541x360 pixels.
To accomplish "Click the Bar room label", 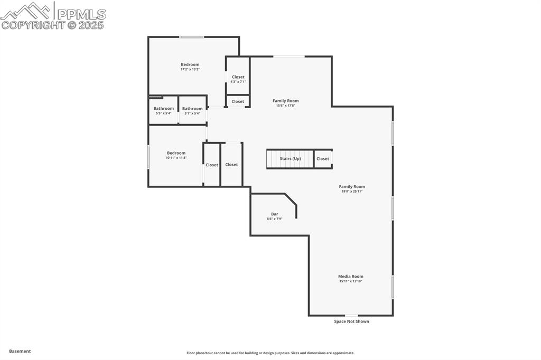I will [275, 214].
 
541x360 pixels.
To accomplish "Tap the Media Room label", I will [351, 276].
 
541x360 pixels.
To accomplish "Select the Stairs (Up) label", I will [290, 158].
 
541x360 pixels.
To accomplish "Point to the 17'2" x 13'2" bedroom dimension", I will [190, 69].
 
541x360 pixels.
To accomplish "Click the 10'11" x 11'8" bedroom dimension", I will [176, 158].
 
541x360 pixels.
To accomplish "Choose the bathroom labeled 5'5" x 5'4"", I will [163, 110].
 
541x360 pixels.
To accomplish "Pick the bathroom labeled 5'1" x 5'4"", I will [192, 110].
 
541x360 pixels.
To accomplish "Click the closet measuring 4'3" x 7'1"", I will [238, 79].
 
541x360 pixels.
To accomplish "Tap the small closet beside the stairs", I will [323, 158].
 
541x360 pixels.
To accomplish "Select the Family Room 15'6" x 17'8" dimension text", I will [285, 106].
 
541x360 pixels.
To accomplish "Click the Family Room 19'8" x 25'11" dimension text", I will [352, 192].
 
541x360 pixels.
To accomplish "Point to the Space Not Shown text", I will [351, 321].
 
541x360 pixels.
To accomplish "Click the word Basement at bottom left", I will [20, 351].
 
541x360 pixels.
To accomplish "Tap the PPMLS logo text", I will [81, 14].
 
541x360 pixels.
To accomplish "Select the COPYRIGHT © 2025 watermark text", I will [53, 25].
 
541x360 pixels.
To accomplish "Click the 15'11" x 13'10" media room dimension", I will [351, 281].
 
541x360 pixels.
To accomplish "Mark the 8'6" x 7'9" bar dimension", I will [275, 219].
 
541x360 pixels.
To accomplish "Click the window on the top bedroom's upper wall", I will [191, 37].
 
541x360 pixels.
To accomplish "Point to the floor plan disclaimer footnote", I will [270, 353].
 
